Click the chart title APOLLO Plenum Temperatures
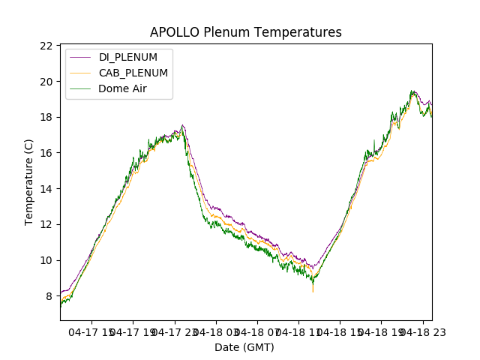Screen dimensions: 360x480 (x=245, y=32)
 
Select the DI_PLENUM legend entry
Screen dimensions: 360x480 (x=128, y=58)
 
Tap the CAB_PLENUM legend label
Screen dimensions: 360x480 (x=133, y=73)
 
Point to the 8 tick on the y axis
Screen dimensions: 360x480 (x=49, y=296)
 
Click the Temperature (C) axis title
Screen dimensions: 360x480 (x=29, y=182)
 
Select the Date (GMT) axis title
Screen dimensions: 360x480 (x=244, y=347)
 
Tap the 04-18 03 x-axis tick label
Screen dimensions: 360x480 (x=217, y=331)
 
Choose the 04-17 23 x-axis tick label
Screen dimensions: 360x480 (x=175, y=331)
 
